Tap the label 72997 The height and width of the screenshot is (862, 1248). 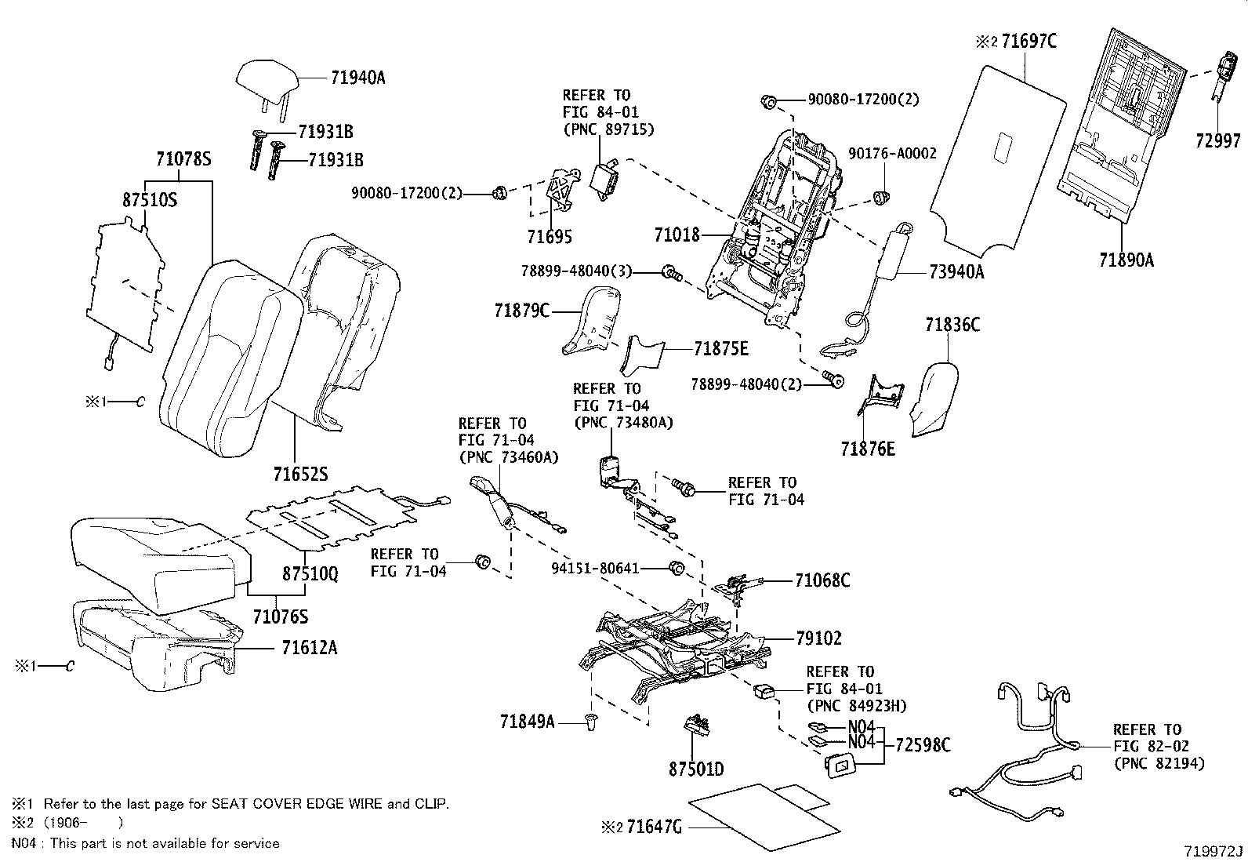pos(1217,141)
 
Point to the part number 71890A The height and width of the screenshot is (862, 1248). pos(1126,260)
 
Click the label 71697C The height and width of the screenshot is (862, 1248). pos(1028,41)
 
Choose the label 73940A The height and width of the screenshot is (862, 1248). pos(956,271)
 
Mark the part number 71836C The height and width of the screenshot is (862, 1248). pos(952,324)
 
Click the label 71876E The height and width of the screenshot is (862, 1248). pos(867,449)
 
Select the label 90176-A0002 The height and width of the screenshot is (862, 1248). pos(892,154)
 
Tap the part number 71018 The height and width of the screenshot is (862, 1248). pos(676,234)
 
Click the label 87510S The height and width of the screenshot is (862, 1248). pos(150,199)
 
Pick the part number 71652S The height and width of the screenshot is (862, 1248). pos(300,475)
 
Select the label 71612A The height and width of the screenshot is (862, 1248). pos(309,648)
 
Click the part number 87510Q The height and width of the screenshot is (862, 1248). pos(310,574)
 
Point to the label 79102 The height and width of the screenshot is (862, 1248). pos(818,638)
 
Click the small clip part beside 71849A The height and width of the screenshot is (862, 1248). pos(592,722)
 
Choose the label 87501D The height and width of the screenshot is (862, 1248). pos(696,769)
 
